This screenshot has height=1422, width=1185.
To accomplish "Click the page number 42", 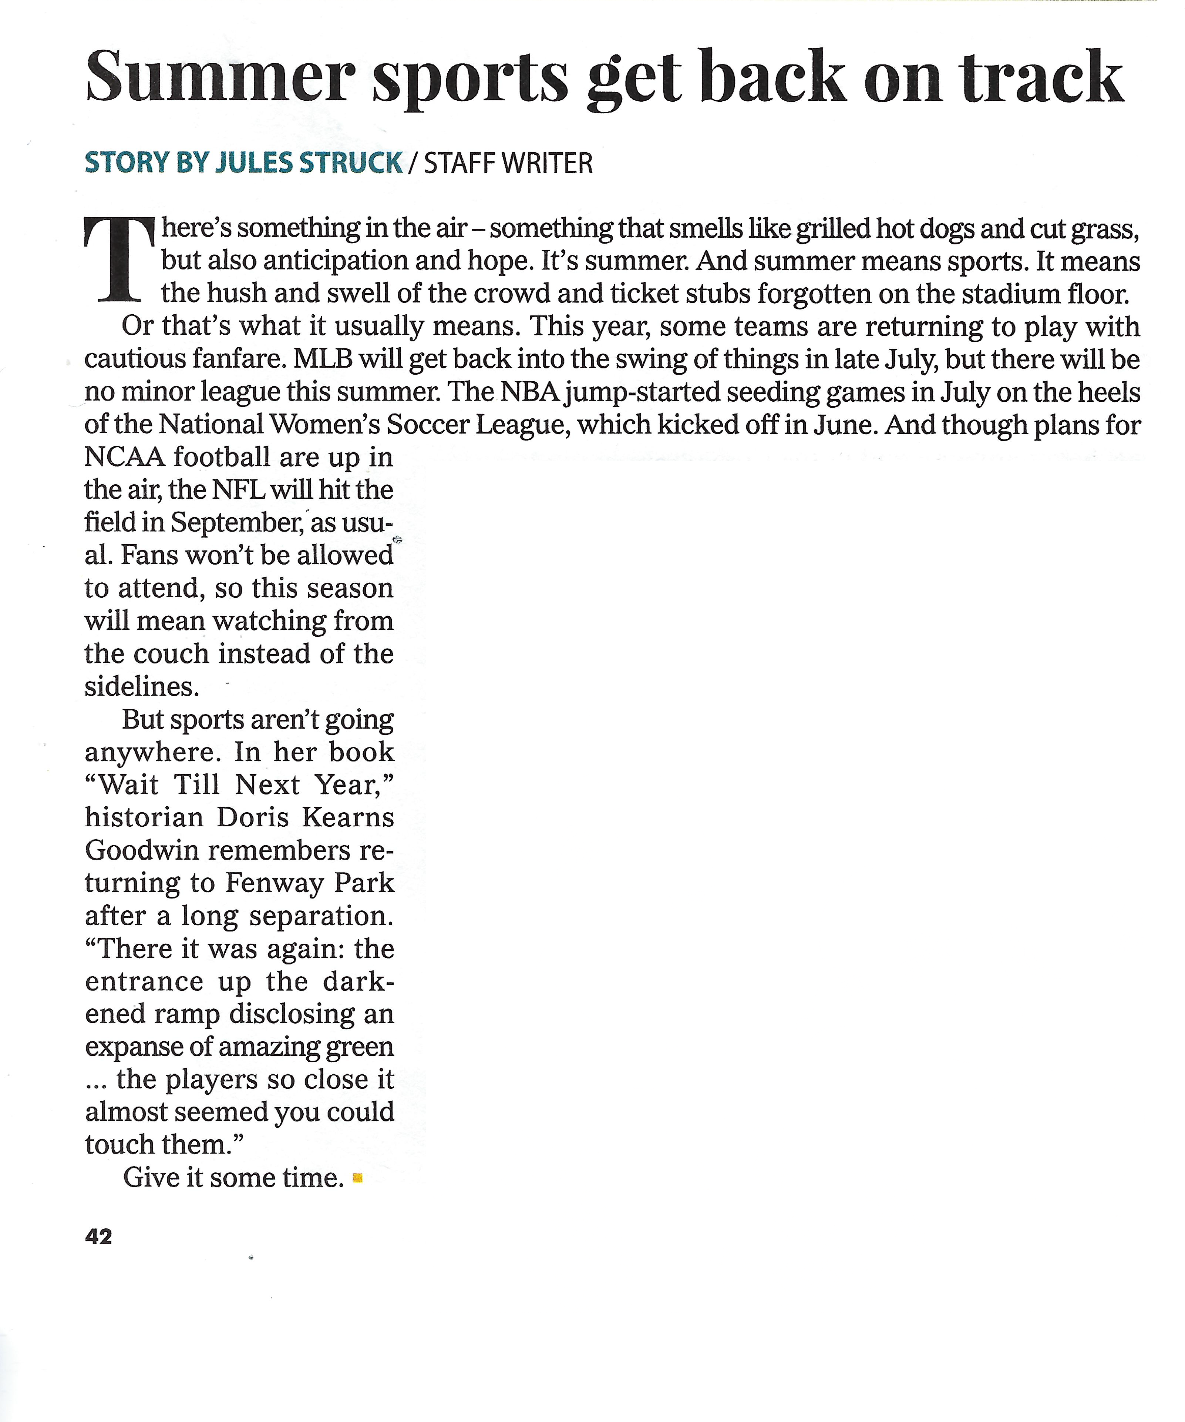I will coord(99,1237).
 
